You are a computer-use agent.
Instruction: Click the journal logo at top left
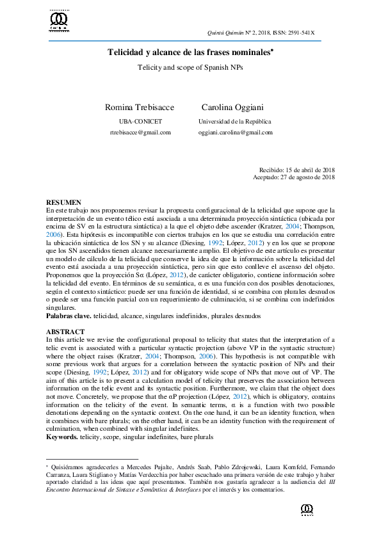point(59,21)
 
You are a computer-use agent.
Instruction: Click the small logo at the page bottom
point(306,510)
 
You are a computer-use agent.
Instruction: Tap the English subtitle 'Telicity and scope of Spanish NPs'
point(190,67)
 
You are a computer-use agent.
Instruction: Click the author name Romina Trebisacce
point(140,107)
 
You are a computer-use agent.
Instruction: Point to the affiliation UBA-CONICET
point(140,121)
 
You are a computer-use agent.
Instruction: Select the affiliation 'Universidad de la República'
point(235,121)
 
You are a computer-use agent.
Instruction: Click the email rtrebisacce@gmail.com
point(140,133)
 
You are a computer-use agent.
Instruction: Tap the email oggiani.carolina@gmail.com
point(236,133)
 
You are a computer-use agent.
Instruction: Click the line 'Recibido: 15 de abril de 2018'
point(296,170)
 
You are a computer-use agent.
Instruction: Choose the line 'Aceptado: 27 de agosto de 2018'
point(294,177)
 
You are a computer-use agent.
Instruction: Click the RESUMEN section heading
point(64,202)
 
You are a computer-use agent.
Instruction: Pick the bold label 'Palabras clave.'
point(69,316)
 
